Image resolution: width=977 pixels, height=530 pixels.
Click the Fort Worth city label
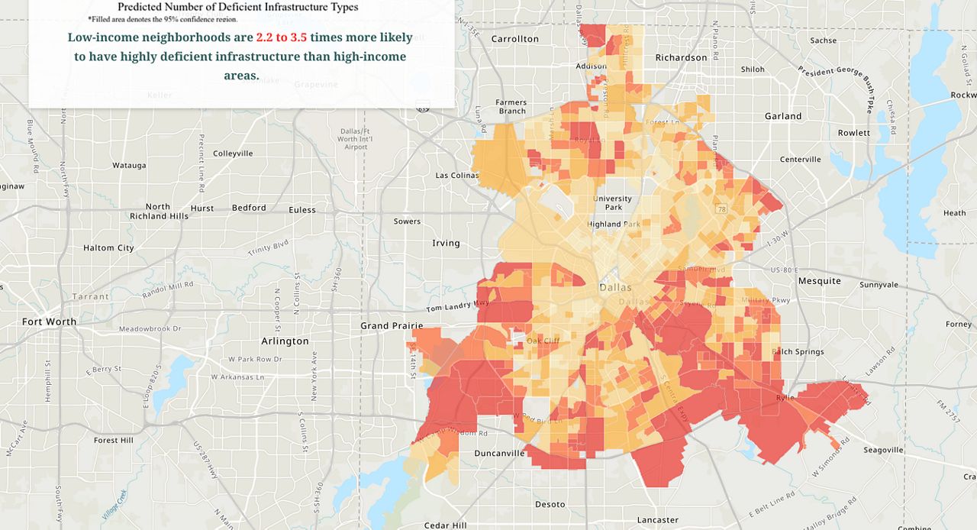coord(49,322)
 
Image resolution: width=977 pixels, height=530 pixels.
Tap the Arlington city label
coord(285,341)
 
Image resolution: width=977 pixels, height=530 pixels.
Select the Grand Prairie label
coord(392,326)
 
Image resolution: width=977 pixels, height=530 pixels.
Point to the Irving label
coord(446,244)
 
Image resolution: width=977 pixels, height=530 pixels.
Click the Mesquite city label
coord(819,281)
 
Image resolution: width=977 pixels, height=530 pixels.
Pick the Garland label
coord(783,116)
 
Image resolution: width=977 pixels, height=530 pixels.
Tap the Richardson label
coord(681,58)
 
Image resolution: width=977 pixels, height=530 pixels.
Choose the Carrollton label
coord(514,39)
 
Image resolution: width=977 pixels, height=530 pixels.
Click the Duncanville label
coord(499,453)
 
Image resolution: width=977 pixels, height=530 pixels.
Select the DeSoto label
coord(550,505)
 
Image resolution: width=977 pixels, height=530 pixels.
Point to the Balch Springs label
coord(798,352)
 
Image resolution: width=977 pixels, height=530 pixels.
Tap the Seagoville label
coord(884,450)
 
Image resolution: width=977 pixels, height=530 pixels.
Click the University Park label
coord(612,203)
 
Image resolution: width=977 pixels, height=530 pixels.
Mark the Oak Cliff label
coord(543,341)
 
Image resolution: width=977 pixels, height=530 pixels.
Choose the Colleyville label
coord(233,154)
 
